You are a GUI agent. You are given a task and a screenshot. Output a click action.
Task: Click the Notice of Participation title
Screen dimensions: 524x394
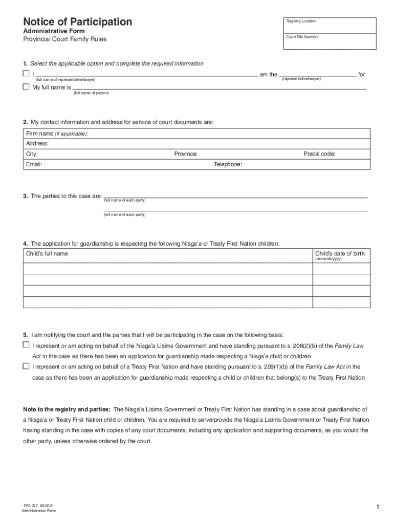(x=77, y=22)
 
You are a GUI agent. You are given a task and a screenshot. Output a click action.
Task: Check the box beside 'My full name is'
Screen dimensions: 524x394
(x=26, y=87)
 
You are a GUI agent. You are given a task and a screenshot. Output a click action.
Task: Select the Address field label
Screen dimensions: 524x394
(x=37, y=144)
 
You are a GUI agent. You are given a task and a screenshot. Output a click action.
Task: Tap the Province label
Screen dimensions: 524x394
(x=186, y=154)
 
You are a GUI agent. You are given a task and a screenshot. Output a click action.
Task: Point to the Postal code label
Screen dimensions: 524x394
(x=319, y=154)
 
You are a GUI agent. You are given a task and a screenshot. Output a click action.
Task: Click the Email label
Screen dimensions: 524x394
(x=34, y=164)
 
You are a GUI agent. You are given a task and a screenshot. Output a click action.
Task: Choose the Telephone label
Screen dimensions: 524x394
(x=228, y=164)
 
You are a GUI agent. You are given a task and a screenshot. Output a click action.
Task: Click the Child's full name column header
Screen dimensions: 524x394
(x=47, y=254)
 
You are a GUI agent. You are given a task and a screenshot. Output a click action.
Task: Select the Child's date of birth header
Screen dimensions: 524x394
(x=340, y=254)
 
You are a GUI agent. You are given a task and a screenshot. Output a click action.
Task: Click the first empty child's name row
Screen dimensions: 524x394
(x=168, y=268)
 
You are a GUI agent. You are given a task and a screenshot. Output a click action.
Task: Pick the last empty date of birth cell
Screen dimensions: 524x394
(x=341, y=302)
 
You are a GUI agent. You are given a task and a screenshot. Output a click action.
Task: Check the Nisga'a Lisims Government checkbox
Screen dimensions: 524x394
(x=26, y=345)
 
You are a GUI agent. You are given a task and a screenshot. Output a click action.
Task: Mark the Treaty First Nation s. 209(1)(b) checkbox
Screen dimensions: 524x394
(x=26, y=366)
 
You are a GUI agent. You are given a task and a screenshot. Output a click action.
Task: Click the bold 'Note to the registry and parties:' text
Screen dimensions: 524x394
(x=67, y=409)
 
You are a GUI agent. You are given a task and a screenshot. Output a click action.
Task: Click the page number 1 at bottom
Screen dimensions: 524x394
(x=377, y=507)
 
